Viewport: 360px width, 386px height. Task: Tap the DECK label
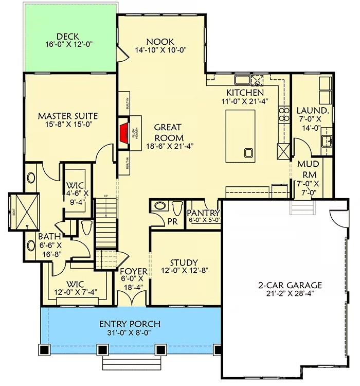point(67,36)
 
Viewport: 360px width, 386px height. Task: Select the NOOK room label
point(160,42)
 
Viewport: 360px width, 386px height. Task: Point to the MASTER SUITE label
point(67,116)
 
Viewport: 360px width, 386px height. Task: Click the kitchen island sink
point(249,152)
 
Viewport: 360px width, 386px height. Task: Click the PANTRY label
point(204,213)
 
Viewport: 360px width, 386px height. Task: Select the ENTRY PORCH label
point(130,324)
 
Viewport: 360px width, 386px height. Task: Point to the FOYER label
point(134,271)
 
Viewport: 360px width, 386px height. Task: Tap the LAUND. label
point(312,110)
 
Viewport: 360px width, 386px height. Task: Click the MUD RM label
point(310,165)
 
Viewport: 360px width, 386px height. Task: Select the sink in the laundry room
point(326,140)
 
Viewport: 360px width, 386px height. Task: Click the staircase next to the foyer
point(105,219)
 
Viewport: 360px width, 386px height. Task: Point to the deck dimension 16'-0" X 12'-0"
point(67,45)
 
